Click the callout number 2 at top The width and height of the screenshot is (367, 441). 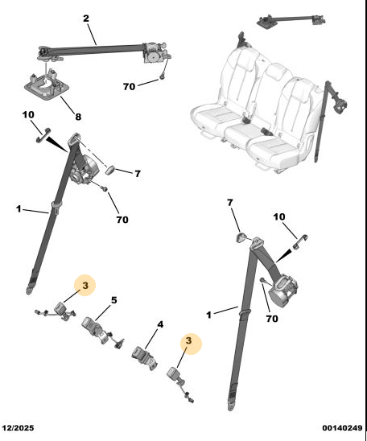tap(86, 19)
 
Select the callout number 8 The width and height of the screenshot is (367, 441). tap(78, 117)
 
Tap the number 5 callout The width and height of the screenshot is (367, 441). tap(113, 300)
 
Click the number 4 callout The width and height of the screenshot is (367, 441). tap(160, 324)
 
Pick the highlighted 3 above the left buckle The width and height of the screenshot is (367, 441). tap(85, 286)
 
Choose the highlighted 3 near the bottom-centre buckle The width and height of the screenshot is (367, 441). tap(188, 340)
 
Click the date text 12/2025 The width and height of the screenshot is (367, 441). tap(18, 428)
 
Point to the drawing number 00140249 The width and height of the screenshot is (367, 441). tap(342, 428)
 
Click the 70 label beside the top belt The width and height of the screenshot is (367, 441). tap(129, 87)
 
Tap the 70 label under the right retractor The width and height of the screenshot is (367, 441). tap(272, 319)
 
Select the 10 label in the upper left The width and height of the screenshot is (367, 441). tap(28, 114)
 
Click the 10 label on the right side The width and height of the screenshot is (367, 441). tap(279, 216)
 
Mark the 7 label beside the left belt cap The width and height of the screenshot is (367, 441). tap(138, 174)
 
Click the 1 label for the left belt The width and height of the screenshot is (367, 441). tap(19, 209)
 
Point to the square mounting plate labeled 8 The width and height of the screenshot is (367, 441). tap(47, 85)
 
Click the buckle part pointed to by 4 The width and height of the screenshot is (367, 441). tap(144, 359)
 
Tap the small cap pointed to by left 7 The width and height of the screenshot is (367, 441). tap(110, 170)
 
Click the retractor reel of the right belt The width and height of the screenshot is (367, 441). tap(282, 292)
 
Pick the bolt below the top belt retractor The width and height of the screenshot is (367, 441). tap(162, 76)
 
